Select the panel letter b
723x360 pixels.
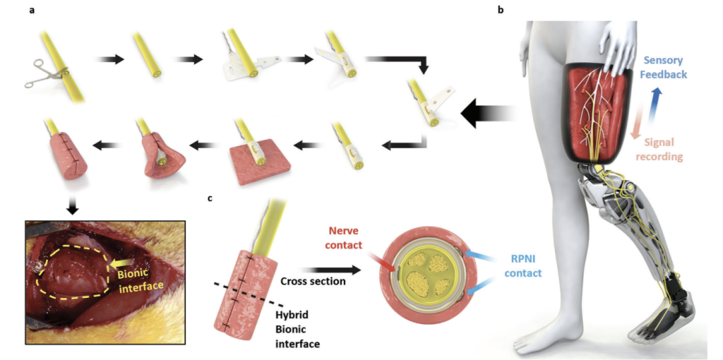coord(501,11)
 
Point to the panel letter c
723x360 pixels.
coord(210,198)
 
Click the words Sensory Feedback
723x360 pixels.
coord(657,66)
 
